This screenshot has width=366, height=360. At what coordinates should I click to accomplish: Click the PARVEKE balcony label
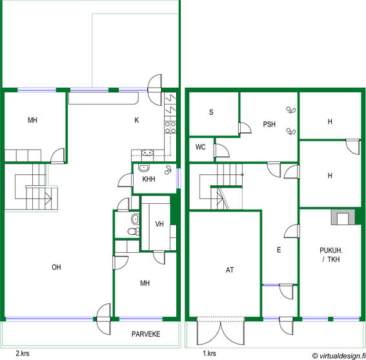click(x=146, y=334)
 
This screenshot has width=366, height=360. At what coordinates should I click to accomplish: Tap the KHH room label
click(x=148, y=179)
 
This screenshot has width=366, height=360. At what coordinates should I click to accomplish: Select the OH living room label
click(x=56, y=267)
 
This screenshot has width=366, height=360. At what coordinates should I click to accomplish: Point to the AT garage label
click(x=230, y=270)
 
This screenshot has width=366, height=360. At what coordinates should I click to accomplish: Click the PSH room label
click(x=269, y=124)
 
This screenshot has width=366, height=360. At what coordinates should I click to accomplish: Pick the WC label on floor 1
click(x=201, y=147)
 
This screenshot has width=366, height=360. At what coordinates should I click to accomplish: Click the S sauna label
click(x=211, y=112)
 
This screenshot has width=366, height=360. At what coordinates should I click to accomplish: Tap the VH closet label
click(x=159, y=224)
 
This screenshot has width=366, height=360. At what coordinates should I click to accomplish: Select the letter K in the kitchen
click(x=137, y=120)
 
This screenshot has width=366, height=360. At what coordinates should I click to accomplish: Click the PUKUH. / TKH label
click(x=331, y=255)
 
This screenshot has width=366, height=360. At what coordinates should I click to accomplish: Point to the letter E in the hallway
click(x=279, y=250)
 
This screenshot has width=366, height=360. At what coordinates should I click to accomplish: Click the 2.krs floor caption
click(x=23, y=354)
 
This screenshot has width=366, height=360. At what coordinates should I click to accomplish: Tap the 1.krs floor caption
click(x=209, y=354)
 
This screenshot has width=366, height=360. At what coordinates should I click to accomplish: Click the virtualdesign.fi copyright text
click(x=339, y=355)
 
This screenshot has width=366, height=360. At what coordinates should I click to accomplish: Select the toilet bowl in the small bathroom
click(x=132, y=232)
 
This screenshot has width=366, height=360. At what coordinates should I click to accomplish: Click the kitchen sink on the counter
click(x=147, y=153)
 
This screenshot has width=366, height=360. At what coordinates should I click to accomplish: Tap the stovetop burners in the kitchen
click(x=170, y=127)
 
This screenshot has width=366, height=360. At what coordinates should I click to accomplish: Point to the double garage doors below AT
click(x=221, y=330)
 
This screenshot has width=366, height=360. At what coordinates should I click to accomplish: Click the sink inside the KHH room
click(x=144, y=168)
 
